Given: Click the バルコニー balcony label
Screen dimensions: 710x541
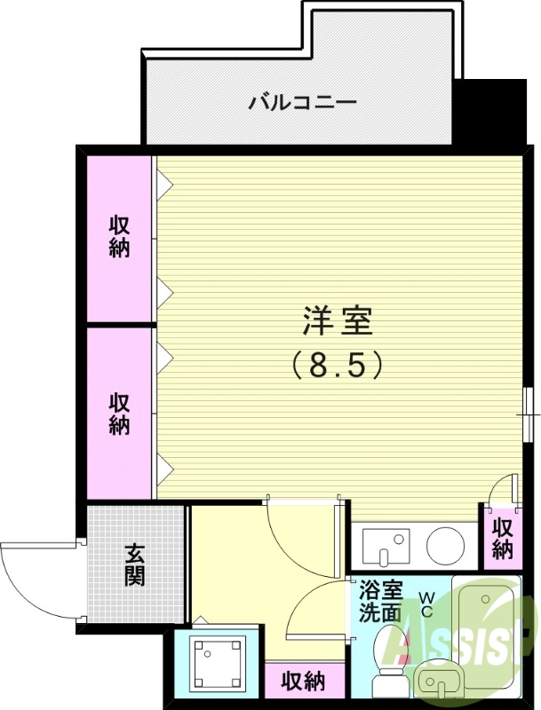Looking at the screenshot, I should click(302, 102).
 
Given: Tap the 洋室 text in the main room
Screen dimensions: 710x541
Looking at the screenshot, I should click(337, 321).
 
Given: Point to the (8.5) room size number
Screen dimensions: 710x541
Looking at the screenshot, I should click(337, 364).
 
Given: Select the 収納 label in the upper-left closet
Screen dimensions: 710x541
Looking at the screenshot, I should click(120, 236).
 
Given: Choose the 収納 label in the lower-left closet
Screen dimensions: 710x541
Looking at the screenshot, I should click(120, 414).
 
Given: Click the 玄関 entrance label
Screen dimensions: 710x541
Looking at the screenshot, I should click(134, 564).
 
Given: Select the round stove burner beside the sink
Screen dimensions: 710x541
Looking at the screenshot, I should click(444, 544).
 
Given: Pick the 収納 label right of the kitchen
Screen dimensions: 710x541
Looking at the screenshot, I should click(503, 538).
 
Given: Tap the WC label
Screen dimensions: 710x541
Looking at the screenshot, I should click(426, 605).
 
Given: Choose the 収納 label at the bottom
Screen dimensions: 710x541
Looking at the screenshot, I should click(302, 682).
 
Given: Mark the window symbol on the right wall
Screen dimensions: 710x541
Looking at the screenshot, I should click(529, 413).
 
